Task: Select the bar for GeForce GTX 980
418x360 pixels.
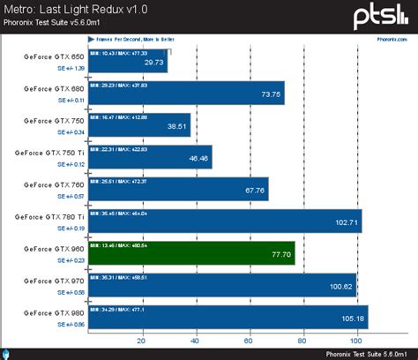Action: (228, 315)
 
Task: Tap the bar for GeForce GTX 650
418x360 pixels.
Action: (128, 62)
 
